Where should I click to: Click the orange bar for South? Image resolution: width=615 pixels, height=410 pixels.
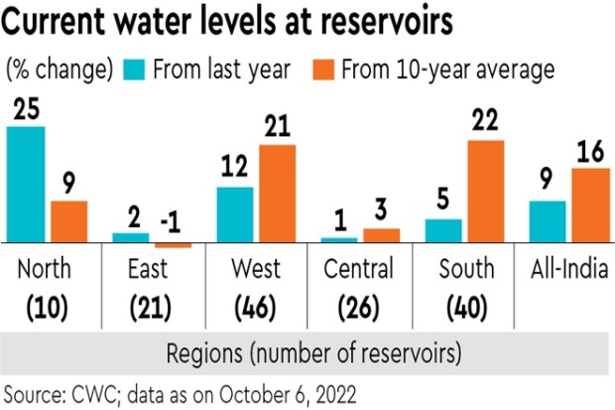pyautogui.click(x=485, y=191)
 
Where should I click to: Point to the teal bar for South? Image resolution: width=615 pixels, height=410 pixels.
pyautogui.click(x=442, y=230)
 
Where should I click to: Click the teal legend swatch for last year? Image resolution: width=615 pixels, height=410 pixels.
pyautogui.click(x=134, y=69)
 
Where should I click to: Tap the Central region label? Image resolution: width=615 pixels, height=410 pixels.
pyautogui.click(x=358, y=269)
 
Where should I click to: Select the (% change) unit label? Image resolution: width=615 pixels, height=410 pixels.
pyautogui.click(x=59, y=69)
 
